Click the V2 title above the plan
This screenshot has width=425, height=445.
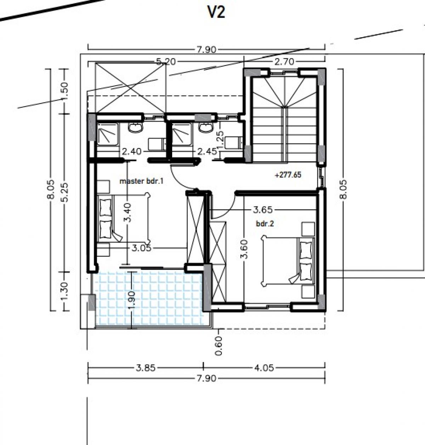coord(216,12)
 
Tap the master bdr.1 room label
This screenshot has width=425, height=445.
coord(142,181)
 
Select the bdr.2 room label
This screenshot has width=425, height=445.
coord(265,224)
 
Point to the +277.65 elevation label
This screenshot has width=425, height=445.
coord(288,175)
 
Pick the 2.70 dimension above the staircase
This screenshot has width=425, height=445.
coord(284,62)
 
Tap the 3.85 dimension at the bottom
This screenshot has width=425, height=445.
coord(146,368)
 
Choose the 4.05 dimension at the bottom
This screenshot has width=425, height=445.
coord(264,368)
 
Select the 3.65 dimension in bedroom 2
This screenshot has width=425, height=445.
coord(263,209)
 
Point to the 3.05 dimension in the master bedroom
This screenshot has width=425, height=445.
coord(142,248)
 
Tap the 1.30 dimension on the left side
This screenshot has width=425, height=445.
coord(65,291)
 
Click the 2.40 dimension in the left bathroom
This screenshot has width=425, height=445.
coord(131,151)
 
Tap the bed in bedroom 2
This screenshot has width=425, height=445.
coord(288,261)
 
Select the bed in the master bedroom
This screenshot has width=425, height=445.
coord(124,218)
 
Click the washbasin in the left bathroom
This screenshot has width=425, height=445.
coord(135,128)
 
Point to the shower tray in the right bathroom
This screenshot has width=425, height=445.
coord(182,134)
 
